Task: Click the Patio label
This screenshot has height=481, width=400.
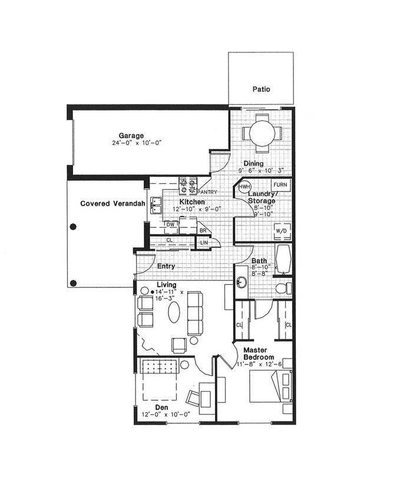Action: (261, 89)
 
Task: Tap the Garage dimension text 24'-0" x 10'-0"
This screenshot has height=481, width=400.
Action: (137, 142)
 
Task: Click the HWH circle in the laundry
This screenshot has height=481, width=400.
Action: (244, 187)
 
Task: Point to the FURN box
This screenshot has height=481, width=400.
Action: (280, 185)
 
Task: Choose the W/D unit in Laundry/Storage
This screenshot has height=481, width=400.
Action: (281, 231)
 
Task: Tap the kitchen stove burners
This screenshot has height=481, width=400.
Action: (188, 185)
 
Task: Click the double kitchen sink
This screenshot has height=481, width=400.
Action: (156, 205)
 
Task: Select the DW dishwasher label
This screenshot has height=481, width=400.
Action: (171, 224)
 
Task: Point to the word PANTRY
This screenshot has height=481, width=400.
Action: (208, 192)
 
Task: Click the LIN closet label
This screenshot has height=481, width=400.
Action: (204, 243)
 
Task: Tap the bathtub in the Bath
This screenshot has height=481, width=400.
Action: (284, 258)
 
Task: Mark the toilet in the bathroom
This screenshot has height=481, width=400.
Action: (284, 288)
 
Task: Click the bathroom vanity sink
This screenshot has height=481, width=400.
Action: (242, 283)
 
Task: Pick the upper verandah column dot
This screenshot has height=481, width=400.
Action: (73, 227)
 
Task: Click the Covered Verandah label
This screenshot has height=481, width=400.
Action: (113, 203)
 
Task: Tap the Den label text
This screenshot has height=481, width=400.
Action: (161, 407)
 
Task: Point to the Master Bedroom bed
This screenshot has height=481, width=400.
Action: (270, 386)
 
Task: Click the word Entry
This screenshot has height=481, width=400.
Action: (166, 266)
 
